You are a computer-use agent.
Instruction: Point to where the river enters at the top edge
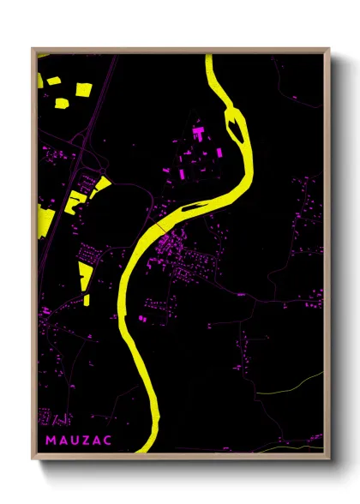(210, 56)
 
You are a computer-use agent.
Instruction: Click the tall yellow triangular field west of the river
(85, 276)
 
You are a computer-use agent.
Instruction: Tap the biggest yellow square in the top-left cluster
(83, 89)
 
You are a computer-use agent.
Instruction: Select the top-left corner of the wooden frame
(33, 49)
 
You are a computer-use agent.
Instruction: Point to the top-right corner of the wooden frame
(329, 49)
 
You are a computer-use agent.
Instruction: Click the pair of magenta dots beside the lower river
(142, 317)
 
